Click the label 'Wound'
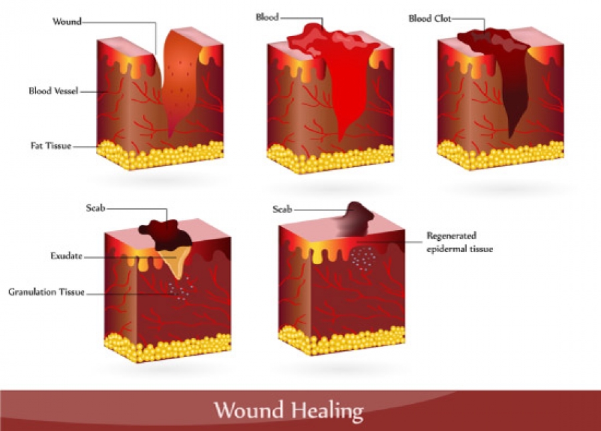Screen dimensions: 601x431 click(67, 21)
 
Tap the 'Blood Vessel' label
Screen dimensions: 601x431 click(53, 91)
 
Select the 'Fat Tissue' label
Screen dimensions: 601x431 click(51, 146)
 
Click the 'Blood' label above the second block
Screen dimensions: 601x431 click(267, 17)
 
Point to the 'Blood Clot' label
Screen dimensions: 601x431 click(429, 19)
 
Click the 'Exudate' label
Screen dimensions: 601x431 click(66, 256)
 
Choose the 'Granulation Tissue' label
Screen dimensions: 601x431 click(46, 292)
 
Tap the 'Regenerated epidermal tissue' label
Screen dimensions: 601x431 click(459, 242)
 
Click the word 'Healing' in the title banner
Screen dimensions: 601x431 click(327, 411)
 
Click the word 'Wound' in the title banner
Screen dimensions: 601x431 click(249, 410)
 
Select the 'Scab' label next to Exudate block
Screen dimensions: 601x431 click(95, 208)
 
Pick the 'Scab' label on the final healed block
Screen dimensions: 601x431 click(282, 209)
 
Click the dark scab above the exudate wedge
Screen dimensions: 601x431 click(167, 234)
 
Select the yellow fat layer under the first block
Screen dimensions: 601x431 click(160, 155)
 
